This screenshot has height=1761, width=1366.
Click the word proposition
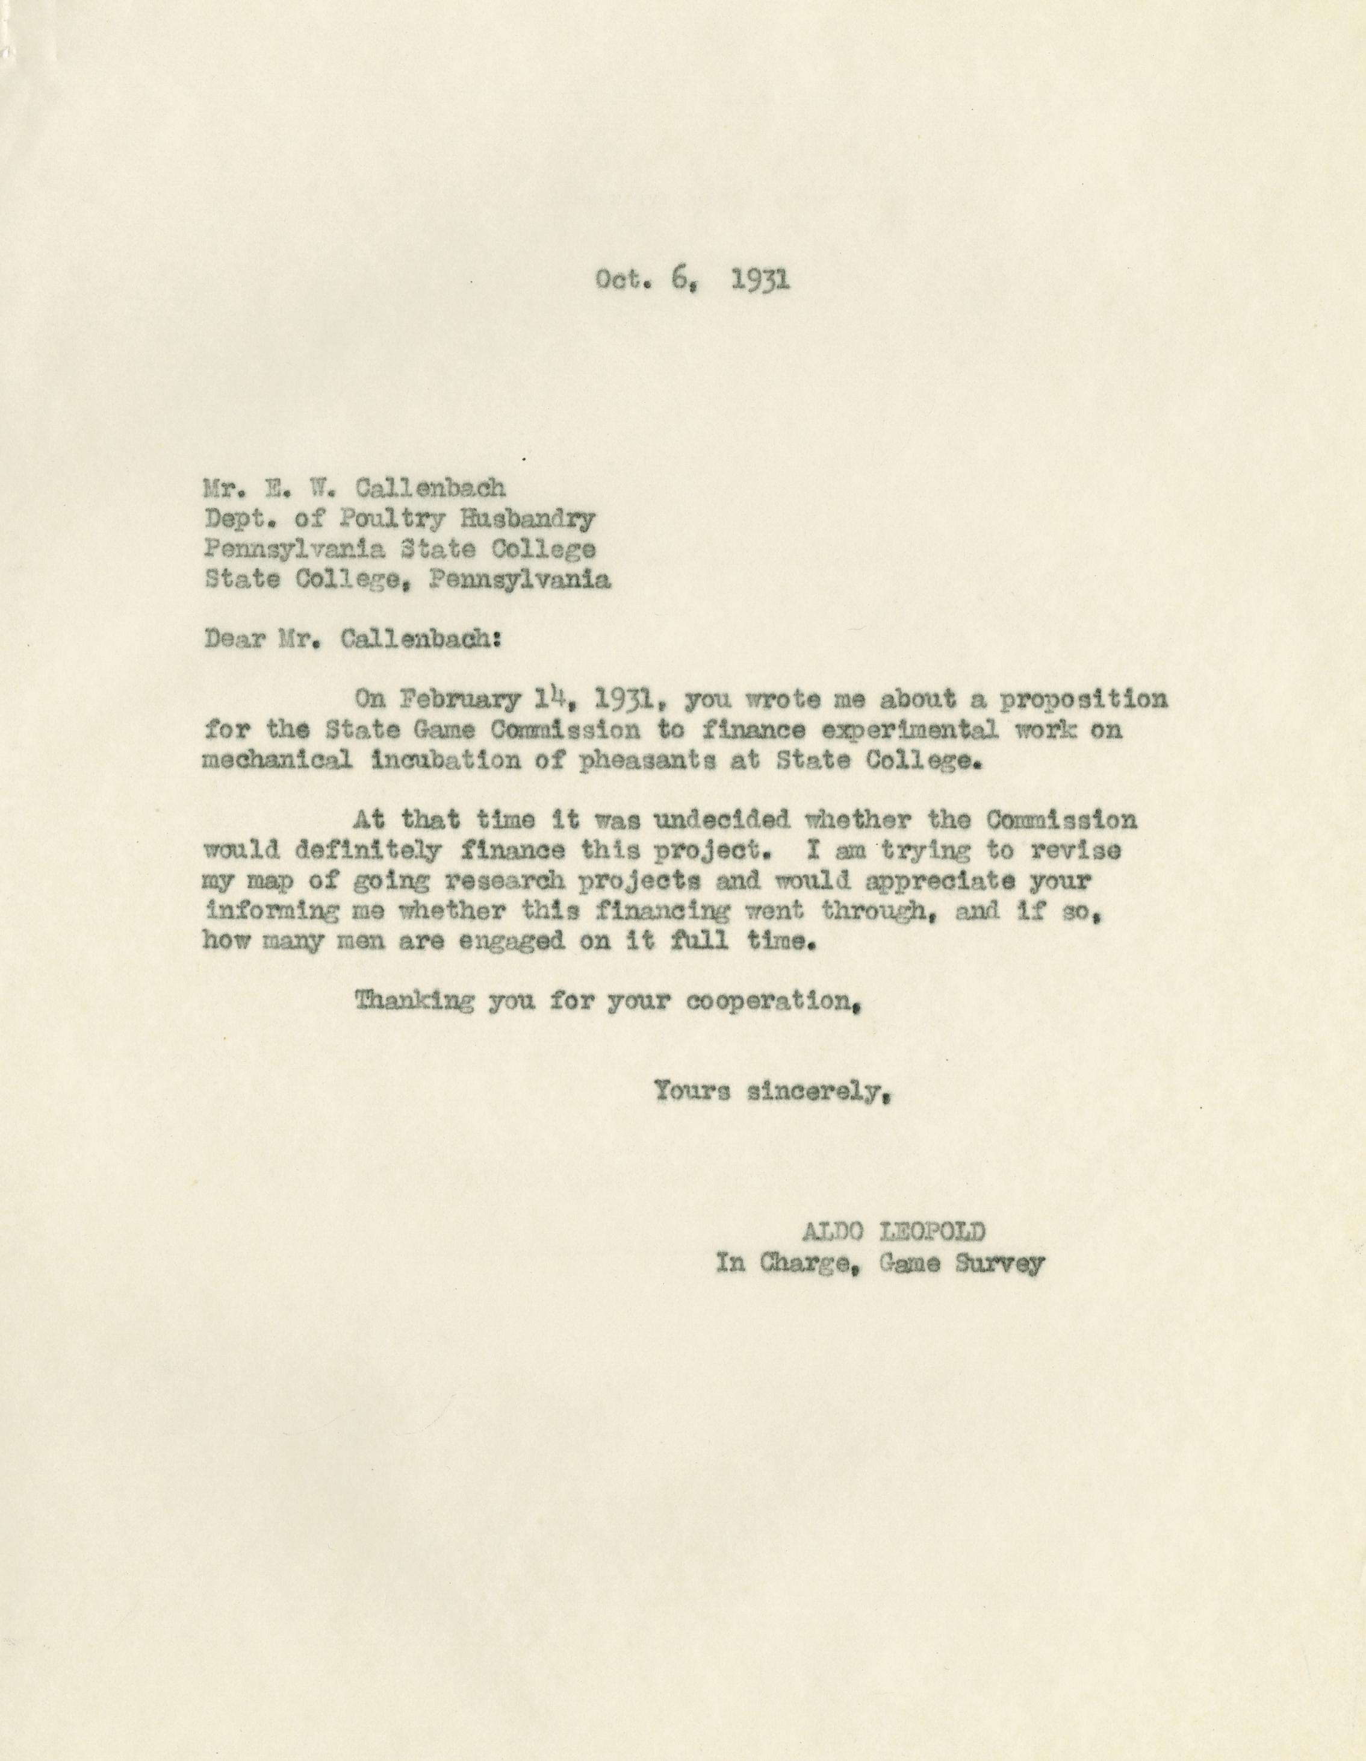pos(1082,700)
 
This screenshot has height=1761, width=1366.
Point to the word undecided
pos(721,820)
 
